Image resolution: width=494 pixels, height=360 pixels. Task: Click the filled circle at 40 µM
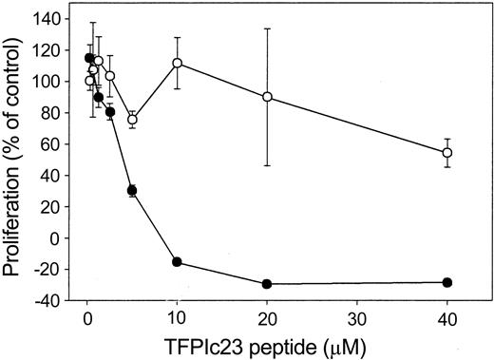[x=447, y=282]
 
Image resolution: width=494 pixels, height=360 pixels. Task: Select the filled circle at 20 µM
[x=267, y=284]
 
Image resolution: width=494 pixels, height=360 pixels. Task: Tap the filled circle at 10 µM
[x=177, y=262]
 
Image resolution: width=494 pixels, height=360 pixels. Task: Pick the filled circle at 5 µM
[x=132, y=191]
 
